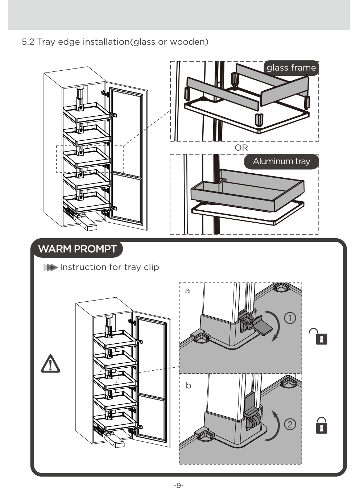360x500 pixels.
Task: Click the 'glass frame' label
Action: click(x=291, y=68)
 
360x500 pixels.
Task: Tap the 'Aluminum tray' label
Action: click(x=281, y=161)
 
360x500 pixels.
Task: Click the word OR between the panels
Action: click(x=241, y=148)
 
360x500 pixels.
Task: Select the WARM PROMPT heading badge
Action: click(x=77, y=249)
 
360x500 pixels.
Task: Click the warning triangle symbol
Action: click(x=50, y=364)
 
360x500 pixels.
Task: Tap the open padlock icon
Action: click(x=320, y=336)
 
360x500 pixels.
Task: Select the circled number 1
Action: click(x=290, y=318)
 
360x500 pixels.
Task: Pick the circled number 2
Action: click(x=290, y=424)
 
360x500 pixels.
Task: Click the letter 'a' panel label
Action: click(x=187, y=291)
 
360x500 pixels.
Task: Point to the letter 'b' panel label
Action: click(x=188, y=385)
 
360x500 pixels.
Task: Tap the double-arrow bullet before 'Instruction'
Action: click(x=50, y=268)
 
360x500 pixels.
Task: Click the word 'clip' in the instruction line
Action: click(x=151, y=267)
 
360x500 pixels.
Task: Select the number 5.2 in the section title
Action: click(x=28, y=42)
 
